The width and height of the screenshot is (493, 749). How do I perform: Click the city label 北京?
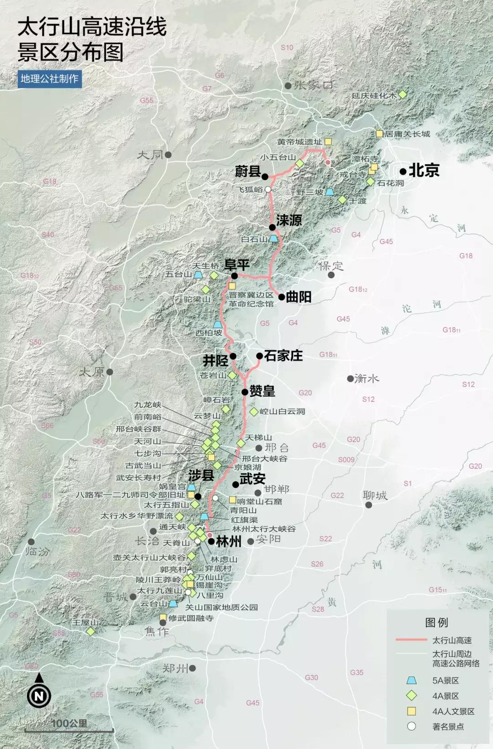tap(424, 171)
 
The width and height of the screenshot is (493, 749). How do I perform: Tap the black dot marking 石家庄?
tap(259, 356)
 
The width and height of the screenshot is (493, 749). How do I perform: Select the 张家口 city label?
tap(314, 85)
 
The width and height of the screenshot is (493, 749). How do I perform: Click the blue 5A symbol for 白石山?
tap(273, 239)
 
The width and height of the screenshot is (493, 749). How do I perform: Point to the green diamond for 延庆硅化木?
tap(403, 94)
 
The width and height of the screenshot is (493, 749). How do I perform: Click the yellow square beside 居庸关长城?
tap(379, 134)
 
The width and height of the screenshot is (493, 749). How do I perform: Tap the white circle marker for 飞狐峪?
tap(268, 189)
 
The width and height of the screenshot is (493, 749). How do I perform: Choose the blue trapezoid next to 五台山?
tap(198, 275)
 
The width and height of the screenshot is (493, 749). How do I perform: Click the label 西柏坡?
tap(209, 333)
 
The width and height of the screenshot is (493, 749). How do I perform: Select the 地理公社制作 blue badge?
tap(49, 78)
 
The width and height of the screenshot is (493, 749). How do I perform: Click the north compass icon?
tap(39, 696)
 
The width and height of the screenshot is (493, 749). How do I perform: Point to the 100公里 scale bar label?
tap(69, 723)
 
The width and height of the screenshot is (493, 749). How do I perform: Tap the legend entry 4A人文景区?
tap(453, 711)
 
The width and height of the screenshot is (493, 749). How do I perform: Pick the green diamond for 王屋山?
tap(90, 631)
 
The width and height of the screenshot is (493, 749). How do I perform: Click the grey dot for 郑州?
tap(193, 668)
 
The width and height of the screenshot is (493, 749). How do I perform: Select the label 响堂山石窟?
tap(259, 501)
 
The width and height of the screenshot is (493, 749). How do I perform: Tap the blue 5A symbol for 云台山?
tap(173, 603)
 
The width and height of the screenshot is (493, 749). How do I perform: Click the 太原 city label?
tap(92, 372)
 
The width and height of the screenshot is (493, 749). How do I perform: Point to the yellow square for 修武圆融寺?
tap(163, 618)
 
